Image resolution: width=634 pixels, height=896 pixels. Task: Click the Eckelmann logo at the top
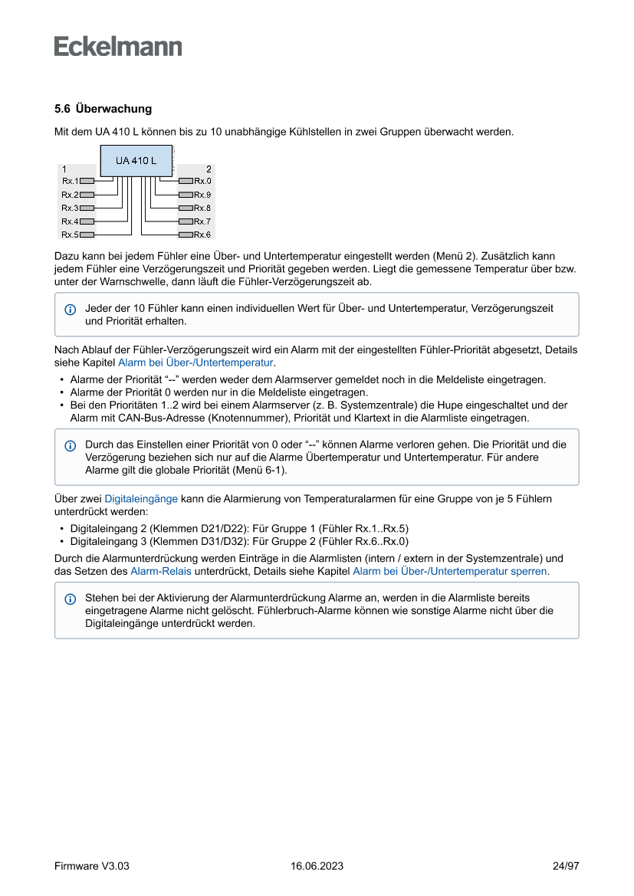(118, 47)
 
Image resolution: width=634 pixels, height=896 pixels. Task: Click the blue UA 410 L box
(136, 161)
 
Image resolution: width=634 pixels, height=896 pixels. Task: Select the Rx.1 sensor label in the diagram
(70, 181)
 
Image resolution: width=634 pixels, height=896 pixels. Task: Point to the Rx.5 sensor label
(70, 235)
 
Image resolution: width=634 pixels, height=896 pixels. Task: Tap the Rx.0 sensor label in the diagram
(202, 181)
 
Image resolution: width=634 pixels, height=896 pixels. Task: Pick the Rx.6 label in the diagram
(202, 235)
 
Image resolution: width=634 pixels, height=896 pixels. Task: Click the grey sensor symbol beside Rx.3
(87, 208)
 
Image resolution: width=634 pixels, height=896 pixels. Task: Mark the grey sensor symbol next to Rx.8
(186, 208)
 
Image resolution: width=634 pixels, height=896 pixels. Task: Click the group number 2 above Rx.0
(209, 169)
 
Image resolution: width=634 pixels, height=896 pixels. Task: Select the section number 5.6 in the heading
(62, 109)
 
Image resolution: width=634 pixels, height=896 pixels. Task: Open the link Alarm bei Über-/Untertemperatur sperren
(450, 571)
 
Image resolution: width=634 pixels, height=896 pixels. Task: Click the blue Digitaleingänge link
(141, 498)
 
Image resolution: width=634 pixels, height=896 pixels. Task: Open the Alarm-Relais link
(162, 571)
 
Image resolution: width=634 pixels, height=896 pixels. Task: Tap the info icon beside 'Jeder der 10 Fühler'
(71, 309)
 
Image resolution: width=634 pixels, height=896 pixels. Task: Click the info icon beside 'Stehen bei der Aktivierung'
(71, 599)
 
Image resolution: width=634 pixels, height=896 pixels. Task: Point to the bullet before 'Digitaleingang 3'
(61, 540)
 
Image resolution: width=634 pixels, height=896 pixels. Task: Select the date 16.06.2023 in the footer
(317, 866)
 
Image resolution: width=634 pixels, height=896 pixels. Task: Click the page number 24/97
(566, 866)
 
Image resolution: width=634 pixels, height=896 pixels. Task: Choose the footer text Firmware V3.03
(91, 866)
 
